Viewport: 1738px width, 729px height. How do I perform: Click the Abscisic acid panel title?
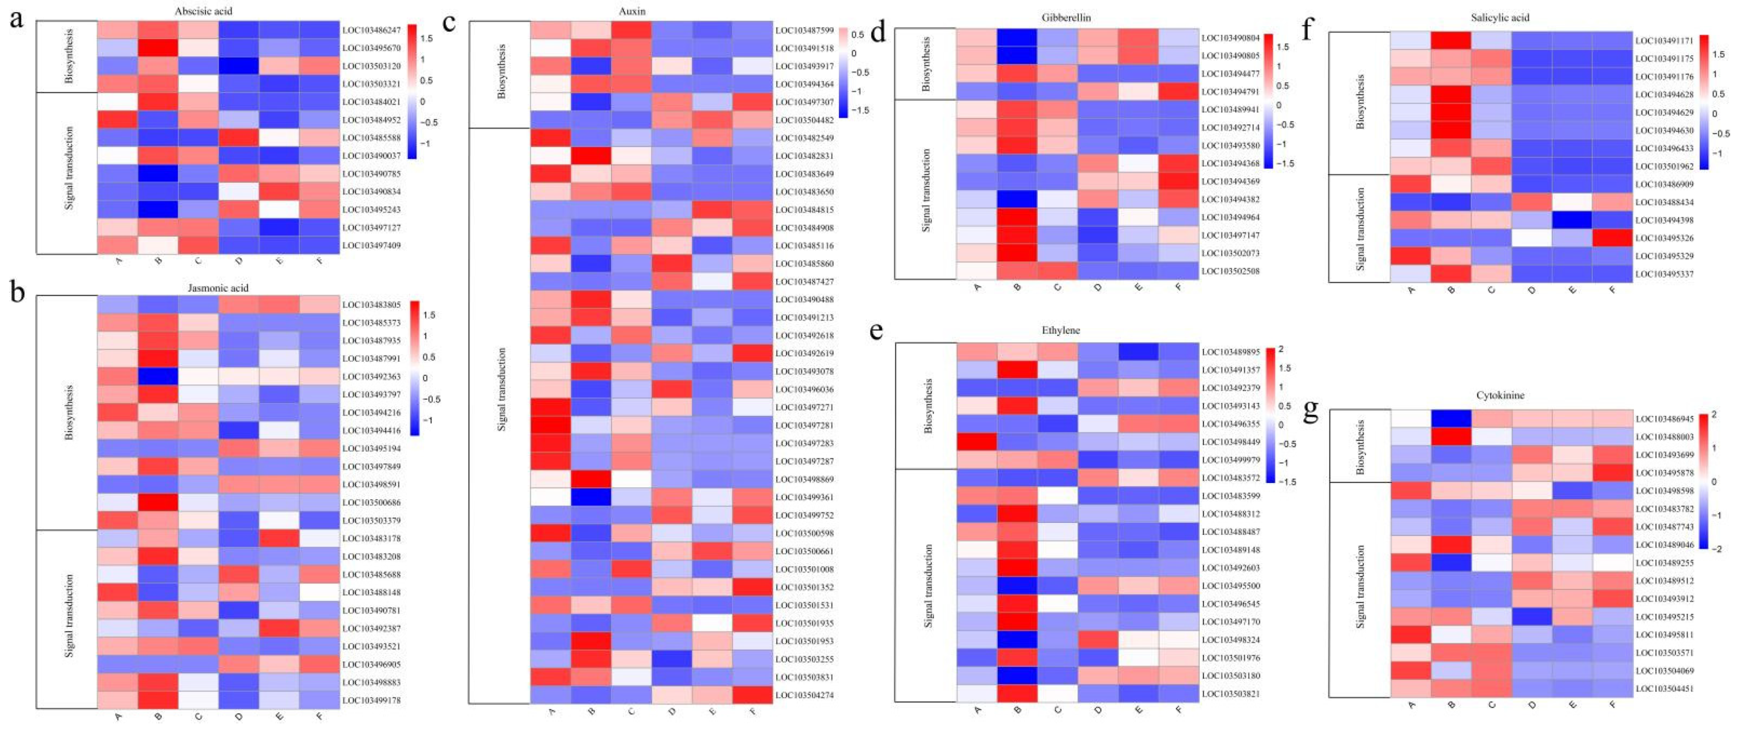[x=203, y=11]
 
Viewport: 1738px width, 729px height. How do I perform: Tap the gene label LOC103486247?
[x=371, y=30]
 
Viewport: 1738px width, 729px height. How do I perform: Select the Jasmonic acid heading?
[x=218, y=287]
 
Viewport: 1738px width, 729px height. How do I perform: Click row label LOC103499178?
[x=371, y=700]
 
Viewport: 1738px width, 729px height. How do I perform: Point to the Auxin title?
[x=632, y=11]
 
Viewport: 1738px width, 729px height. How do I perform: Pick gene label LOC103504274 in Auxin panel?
[x=804, y=695]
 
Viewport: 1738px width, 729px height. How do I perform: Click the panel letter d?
[x=877, y=32]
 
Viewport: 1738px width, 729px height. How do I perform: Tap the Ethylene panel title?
[x=1061, y=330]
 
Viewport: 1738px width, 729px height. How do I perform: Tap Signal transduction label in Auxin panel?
[x=501, y=390]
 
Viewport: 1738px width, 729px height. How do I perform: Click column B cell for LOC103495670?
[x=158, y=48]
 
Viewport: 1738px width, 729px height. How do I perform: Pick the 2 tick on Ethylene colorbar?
[x=1281, y=349]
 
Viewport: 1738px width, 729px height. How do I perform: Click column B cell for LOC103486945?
[x=1451, y=419]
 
